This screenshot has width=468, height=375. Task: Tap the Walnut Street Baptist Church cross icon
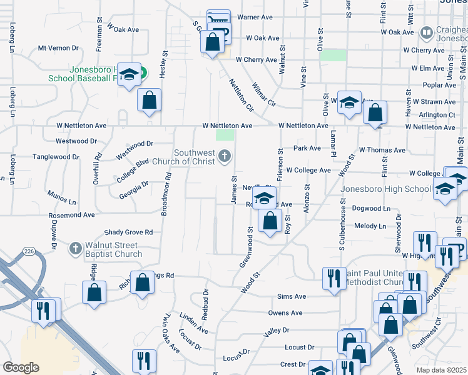coord(75,248)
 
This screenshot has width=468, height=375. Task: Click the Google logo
coord(21,367)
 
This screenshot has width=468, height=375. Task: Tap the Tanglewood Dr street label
coord(56,157)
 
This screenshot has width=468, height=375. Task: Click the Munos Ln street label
coord(63,198)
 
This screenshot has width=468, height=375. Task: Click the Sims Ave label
coord(291,296)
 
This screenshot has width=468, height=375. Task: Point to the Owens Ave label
coord(285,312)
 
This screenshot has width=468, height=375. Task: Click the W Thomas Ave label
coord(383,150)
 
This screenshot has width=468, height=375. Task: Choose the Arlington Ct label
coord(437,115)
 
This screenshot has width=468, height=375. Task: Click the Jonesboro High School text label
coord(385,189)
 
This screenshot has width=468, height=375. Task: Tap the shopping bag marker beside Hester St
coord(149,100)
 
